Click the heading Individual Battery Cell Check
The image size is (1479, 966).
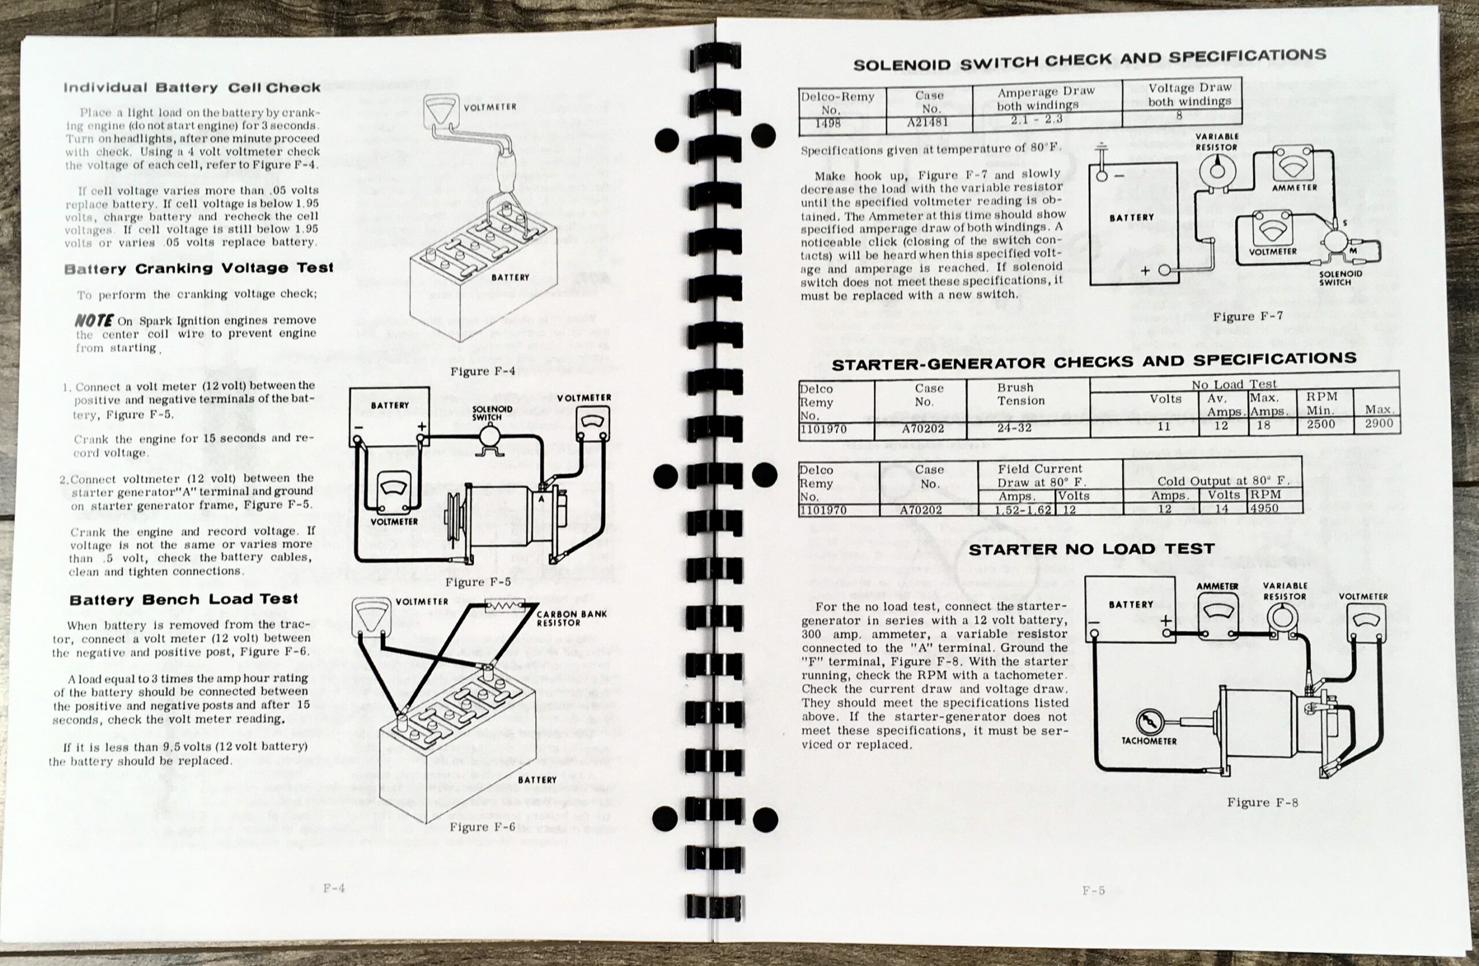[x=191, y=88]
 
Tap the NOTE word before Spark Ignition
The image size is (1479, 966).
[x=93, y=320]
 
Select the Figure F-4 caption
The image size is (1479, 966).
[x=478, y=371]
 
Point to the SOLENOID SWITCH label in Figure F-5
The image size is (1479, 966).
[x=492, y=413]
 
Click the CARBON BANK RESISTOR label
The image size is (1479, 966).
[x=571, y=618]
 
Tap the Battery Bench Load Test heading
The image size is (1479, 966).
[x=183, y=600]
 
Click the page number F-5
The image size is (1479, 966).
[x=1094, y=890]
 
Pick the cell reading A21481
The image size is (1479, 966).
[x=928, y=122]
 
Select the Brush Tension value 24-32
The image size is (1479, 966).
[x=1014, y=428]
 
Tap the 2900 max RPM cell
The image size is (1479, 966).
[x=1379, y=424]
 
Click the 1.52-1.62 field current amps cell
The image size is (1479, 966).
[x=1022, y=510]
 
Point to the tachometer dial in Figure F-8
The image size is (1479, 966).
[x=1149, y=722]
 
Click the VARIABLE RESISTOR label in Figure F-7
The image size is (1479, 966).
[x=1217, y=141]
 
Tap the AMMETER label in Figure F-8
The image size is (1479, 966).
[x=1217, y=587]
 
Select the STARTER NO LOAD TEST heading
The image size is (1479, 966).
[x=1091, y=549]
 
